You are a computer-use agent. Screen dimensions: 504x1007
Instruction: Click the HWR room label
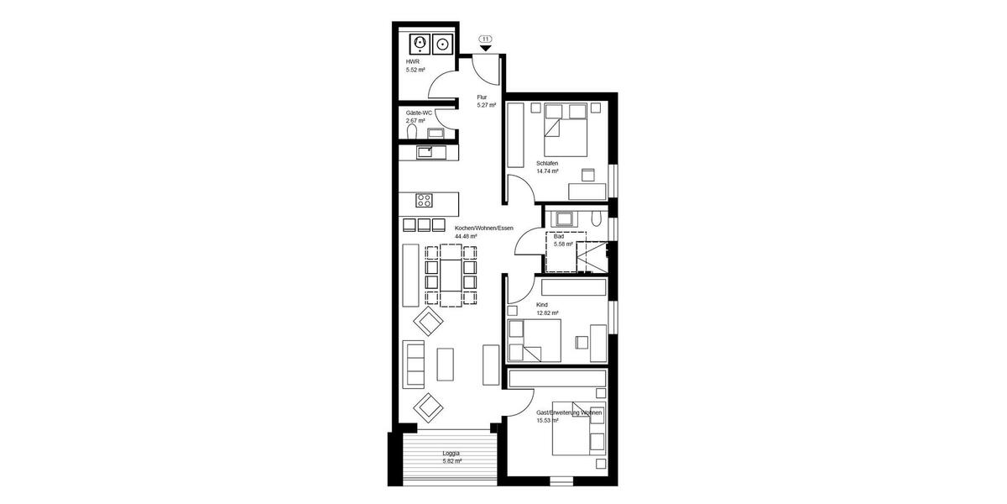[412, 61]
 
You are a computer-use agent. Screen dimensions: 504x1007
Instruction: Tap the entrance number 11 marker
[485, 39]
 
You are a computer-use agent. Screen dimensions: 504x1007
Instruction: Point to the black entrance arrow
[485, 49]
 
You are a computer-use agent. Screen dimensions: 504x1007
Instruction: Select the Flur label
[482, 97]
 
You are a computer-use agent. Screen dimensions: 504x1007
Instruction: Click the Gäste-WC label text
[418, 113]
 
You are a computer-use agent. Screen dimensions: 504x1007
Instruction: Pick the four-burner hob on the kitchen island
[425, 200]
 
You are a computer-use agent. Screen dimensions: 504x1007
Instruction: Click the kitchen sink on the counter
[425, 152]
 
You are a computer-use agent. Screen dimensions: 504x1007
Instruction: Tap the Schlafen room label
[547, 162]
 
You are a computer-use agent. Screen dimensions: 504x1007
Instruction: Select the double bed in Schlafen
[565, 119]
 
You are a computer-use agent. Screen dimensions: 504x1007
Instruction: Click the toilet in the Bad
[595, 219]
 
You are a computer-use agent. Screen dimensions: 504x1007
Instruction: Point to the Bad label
[559, 237]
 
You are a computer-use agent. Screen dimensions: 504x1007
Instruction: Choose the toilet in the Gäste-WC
[411, 132]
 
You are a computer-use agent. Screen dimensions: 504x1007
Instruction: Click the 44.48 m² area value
[466, 237]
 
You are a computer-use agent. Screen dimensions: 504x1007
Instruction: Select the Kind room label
[542, 305]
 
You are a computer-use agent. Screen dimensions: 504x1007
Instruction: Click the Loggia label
[451, 454]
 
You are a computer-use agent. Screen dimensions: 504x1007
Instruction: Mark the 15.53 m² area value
[547, 421]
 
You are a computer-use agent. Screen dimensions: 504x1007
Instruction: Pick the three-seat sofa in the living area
[413, 363]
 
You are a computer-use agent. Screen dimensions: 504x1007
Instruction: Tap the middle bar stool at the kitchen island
[425, 224]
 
